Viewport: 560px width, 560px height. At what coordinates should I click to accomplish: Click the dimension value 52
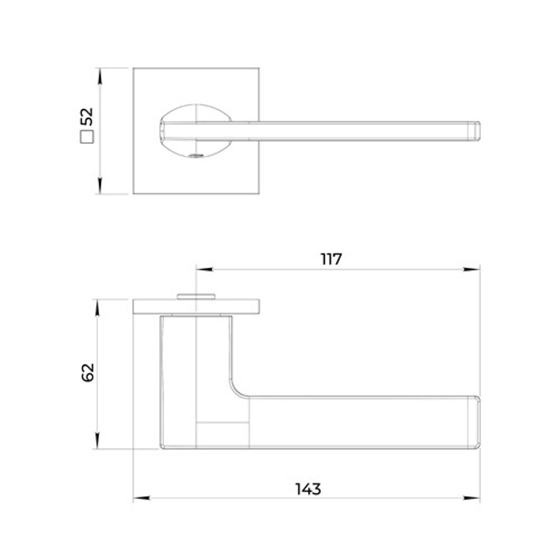point(87,116)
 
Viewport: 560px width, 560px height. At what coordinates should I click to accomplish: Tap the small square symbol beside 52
point(87,137)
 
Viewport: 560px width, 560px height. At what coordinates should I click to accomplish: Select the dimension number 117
point(332,259)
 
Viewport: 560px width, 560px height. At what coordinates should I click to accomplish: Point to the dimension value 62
point(88,372)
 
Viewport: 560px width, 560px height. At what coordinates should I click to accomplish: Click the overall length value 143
point(308,489)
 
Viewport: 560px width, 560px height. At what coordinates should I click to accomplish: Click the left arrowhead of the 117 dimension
point(204,269)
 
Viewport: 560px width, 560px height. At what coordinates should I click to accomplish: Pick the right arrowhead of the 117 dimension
point(472,269)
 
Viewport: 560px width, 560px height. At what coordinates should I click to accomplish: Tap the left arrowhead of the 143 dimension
point(142,497)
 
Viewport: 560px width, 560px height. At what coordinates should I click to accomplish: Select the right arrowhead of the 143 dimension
point(472,497)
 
